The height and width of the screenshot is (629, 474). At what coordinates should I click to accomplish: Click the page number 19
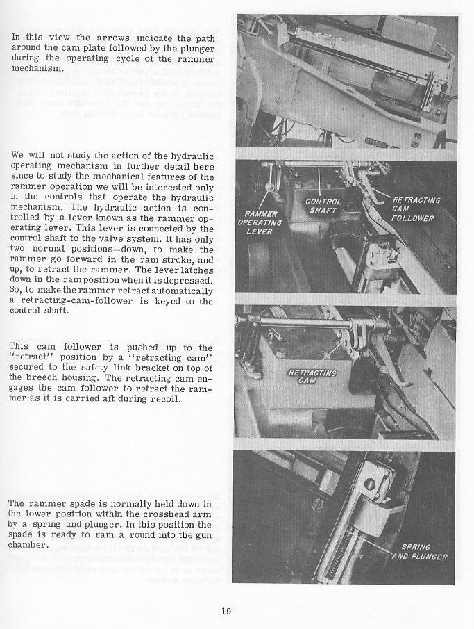tap(226, 612)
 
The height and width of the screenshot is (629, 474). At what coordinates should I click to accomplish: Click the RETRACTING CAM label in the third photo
tap(313, 377)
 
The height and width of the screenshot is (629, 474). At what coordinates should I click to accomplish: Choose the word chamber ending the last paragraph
tap(28, 544)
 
